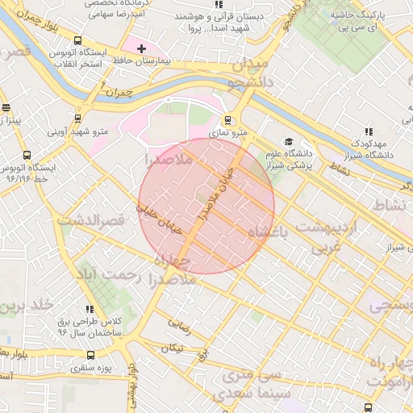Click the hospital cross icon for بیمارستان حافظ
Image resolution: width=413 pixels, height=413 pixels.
(142, 49)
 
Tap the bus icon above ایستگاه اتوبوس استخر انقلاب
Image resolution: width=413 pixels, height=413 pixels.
(77, 41)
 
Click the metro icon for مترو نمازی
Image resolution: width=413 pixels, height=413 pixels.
(227, 118)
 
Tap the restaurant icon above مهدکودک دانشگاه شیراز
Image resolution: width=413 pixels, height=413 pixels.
(368, 131)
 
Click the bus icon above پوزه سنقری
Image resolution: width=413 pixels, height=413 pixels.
(90, 354)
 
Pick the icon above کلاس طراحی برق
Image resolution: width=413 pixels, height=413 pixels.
(89, 310)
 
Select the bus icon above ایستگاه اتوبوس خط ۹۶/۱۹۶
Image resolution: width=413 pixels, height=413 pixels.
(27, 156)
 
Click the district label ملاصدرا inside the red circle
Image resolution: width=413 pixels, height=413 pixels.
(166, 161)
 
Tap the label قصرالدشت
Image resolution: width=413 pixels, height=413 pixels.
(90, 219)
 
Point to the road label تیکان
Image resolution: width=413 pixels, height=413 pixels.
(172, 348)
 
